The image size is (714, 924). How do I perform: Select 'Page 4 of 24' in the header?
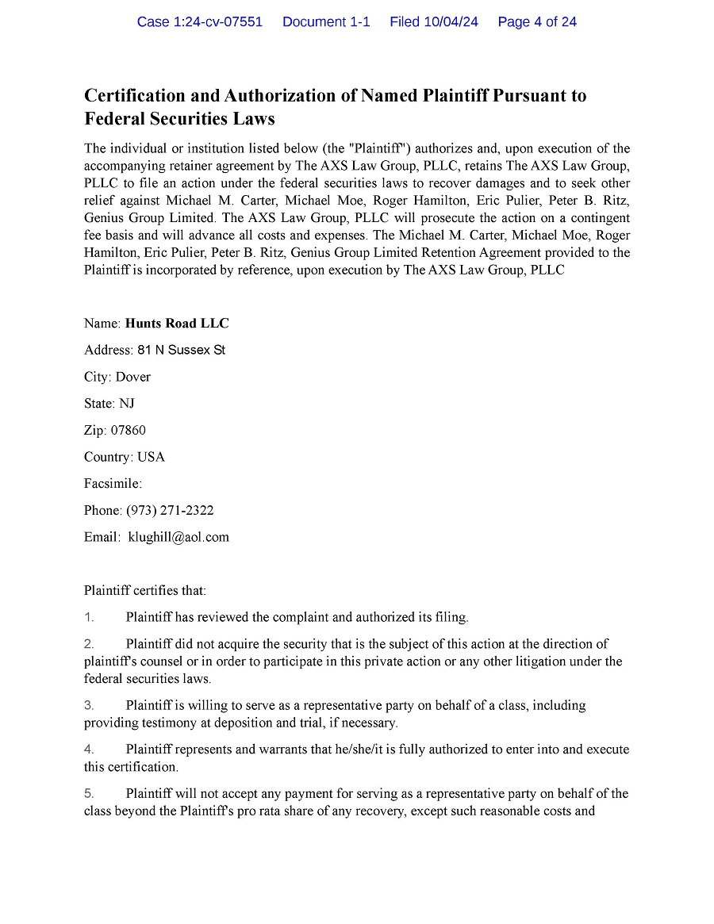537,22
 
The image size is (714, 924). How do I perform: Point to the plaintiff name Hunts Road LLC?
177,324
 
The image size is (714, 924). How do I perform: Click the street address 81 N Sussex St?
181,350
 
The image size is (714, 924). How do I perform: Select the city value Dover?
132,377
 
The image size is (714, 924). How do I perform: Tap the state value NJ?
127,404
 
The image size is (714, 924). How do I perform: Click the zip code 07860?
129,431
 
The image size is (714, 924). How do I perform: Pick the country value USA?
151,457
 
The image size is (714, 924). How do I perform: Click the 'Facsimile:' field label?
113,484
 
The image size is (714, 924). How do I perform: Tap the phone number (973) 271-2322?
170,511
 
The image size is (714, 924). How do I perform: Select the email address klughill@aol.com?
178,537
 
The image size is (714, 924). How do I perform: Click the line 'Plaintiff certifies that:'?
145,591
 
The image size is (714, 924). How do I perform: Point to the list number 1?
89,617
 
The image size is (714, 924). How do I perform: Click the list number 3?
89,705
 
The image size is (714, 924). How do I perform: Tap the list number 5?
89,793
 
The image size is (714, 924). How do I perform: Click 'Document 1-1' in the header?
326,22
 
